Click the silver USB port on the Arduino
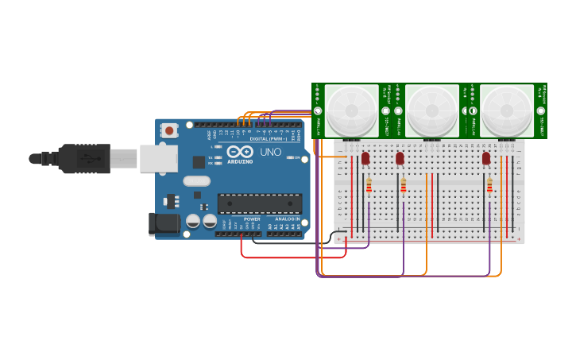pos(159,158)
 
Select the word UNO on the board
pos(271,151)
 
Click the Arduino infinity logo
pos(240,151)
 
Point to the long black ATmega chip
pos(260,203)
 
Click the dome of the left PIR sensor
pos(351,110)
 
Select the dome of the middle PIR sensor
pos(432,110)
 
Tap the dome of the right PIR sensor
pos(507,110)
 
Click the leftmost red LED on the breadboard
pos(365,158)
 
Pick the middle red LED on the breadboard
pos(400,158)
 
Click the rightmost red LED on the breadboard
pos(486,158)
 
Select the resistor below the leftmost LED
pos(369,186)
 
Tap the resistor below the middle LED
pos(403,186)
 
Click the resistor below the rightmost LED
pos(489,186)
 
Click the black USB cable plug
pos(83,158)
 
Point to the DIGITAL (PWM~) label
pos(269,139)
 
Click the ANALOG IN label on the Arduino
pos(287,219)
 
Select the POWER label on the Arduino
pos(252,219)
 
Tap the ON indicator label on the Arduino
pos(296,157)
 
